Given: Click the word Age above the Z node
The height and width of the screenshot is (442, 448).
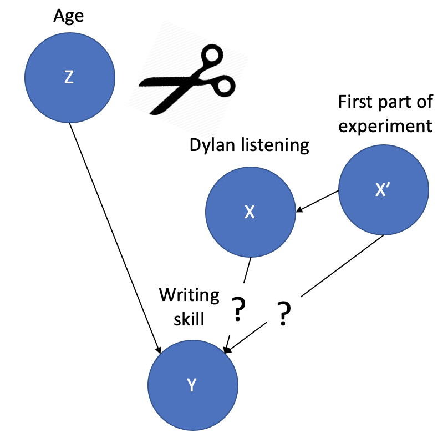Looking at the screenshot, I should [x=68, y=16].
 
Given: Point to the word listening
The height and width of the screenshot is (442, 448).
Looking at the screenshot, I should [x=276, y=145].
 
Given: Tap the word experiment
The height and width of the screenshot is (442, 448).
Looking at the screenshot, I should [x=385, y=125].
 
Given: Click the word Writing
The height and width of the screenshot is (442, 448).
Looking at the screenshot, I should [x=189, y=294].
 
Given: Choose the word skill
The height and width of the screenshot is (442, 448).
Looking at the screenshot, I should [x=189, y=319].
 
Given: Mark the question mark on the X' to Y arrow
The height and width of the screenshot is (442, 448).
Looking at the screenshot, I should [x=283, y=315].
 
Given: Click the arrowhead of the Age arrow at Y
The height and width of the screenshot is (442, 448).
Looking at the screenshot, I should [x=159, y=349].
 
